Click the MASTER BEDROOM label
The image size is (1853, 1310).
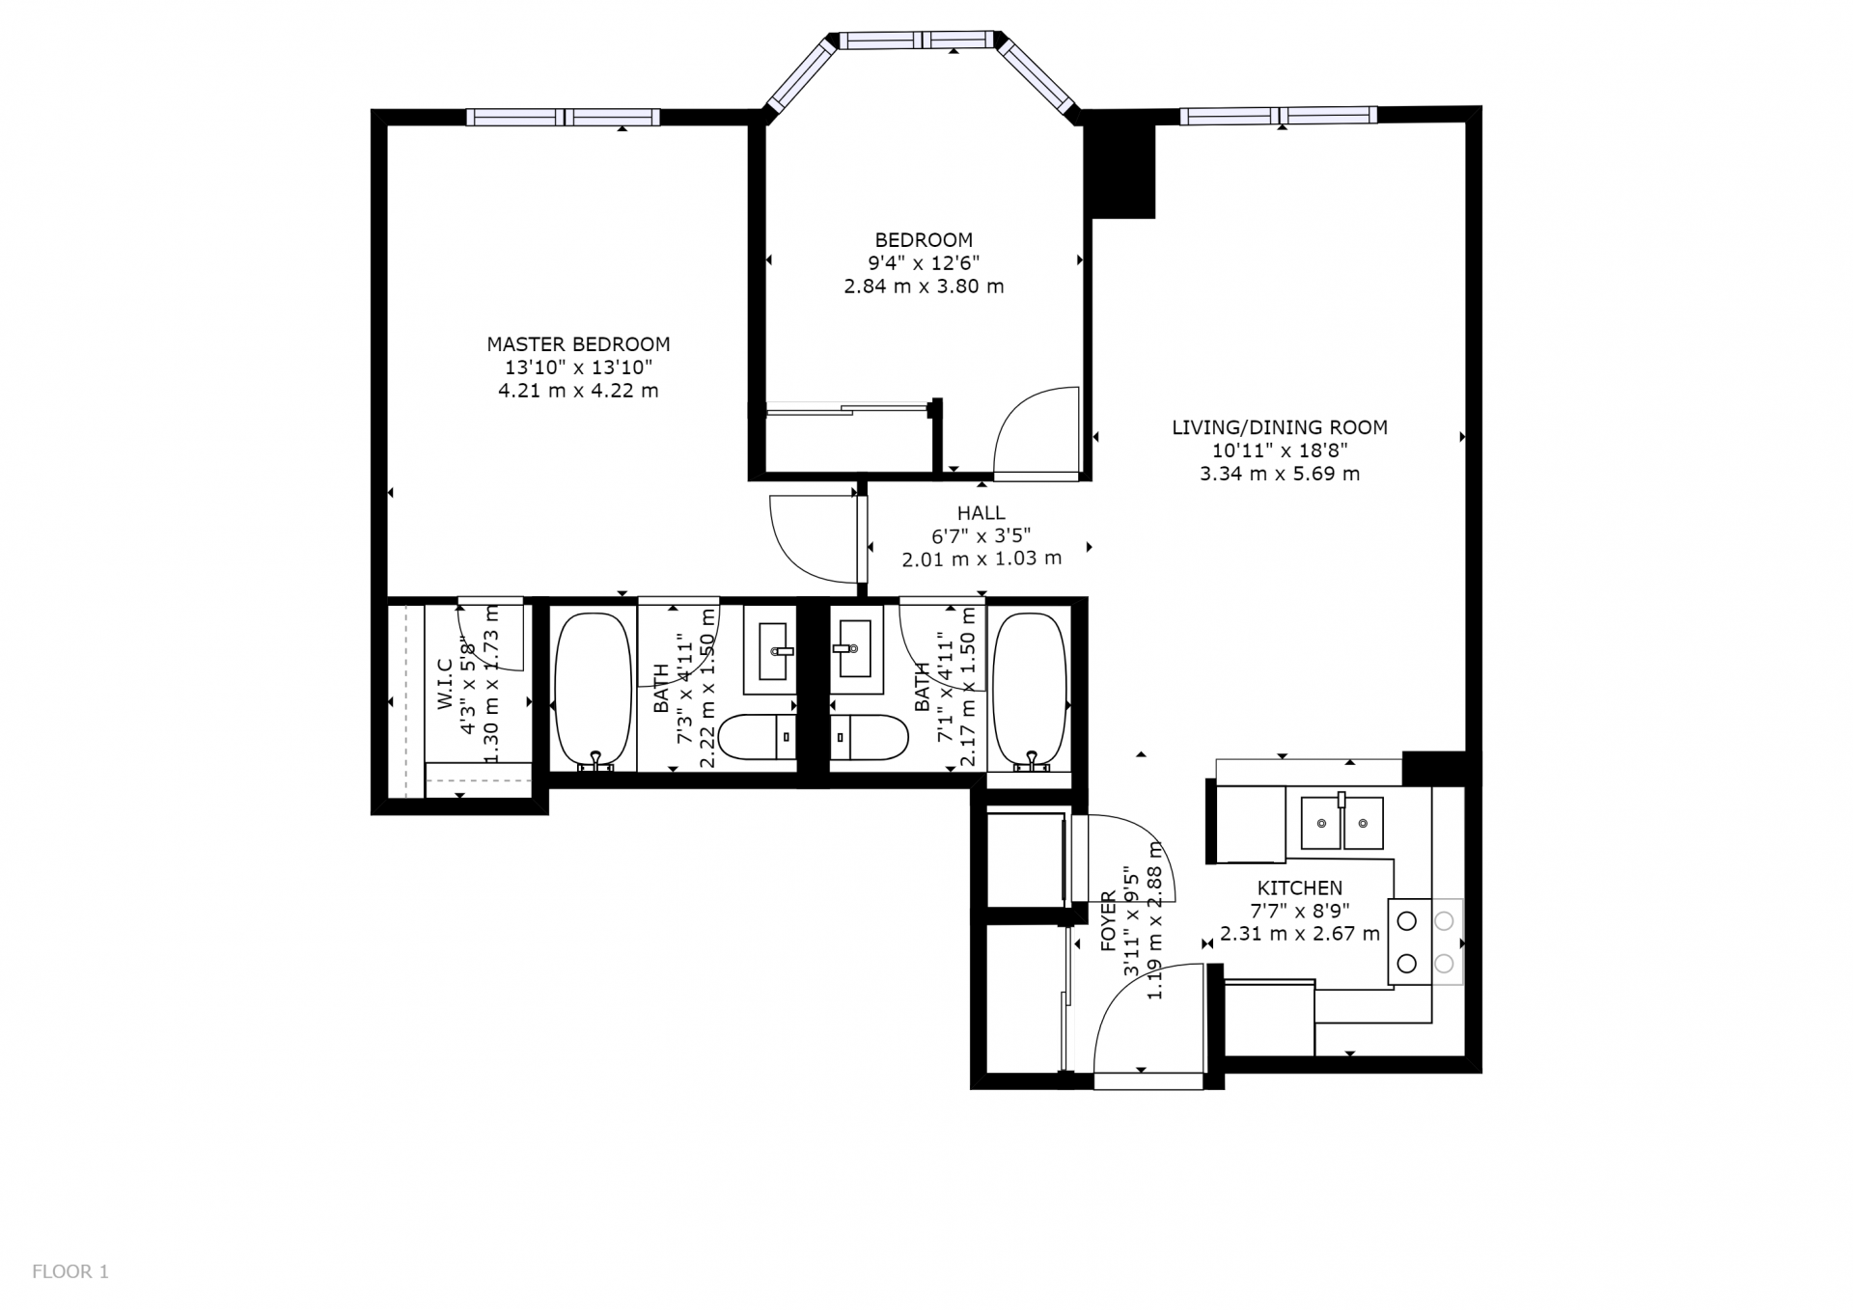coord(578,344)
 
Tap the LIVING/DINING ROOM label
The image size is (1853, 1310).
coord(1280,427)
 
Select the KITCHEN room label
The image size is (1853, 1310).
coord(1299,888)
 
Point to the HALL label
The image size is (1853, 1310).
coord(982,513)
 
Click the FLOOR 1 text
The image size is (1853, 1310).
coord(70,1271)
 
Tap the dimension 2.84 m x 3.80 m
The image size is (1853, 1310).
coord(924,287)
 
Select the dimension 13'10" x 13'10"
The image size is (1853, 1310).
coord(578,368)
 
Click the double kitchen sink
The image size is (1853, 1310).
coord(1341,823)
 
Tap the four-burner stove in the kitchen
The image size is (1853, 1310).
coord(1425,942)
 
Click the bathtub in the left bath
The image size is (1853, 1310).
coord(593,691)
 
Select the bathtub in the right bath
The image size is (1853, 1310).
coord(1030,691)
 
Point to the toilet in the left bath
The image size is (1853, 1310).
coord(759,738)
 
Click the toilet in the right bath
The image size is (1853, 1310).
coord(869,738)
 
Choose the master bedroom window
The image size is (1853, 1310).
coord(564,118)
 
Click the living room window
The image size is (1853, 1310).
coord(1279,116)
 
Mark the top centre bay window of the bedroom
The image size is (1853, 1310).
coord(916,41)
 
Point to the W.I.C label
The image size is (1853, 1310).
coord(445,685)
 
